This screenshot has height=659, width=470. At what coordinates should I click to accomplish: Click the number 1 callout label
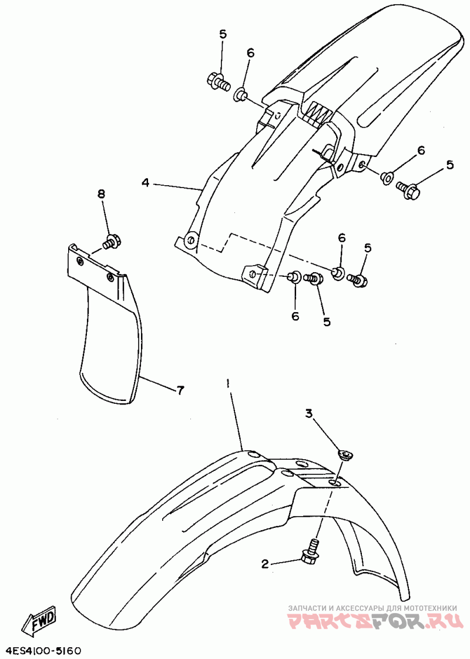[x=228, y=383]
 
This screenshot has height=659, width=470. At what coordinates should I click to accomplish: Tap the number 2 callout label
[x=264, y=564]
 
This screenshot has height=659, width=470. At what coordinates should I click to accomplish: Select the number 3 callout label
[x=308, y=414]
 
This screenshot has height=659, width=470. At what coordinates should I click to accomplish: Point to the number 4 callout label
[x=145, y=183]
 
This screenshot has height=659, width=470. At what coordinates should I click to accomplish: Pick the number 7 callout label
[x=180, y=389]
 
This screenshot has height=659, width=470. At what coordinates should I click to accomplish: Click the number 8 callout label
[x=101, y=193]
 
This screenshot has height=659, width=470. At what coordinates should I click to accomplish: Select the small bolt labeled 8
[x=111, y=240]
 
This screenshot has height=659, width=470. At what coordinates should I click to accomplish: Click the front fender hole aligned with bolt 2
[x=334, y=482]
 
